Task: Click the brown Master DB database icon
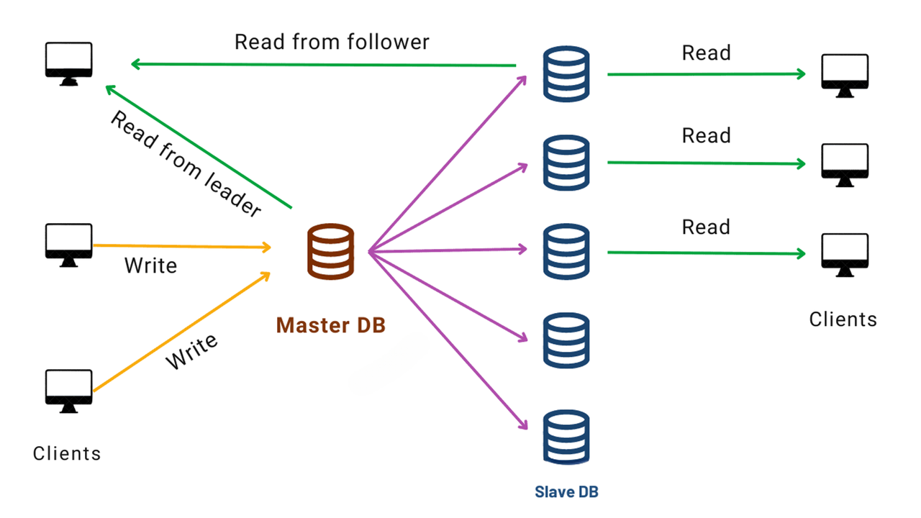click(x=330, y=251)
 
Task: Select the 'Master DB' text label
click(x=331, y=325)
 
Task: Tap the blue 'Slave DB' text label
click(x=566, y=492)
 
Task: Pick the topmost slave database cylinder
click(x=566, y=74)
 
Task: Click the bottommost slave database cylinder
click(x=566, y=437)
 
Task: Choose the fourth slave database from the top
click(x=566, y=340)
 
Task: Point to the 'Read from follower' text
click(x=332, y=42)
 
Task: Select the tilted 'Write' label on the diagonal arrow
click(x=192, y=352)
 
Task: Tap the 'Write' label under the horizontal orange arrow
click(x=150, y=265)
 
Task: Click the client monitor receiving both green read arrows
click(x=68, y=63)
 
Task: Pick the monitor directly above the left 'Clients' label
click(x=68, y=391)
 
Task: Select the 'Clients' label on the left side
click(x=67, y=453)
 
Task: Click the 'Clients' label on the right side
click(x=843, y=319)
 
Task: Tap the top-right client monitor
click(x=845, y=75)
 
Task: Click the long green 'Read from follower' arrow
click(x=324, y=65)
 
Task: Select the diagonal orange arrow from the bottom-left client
click(x=180, y=333)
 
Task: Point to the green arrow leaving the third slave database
click(x=705, y=253)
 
